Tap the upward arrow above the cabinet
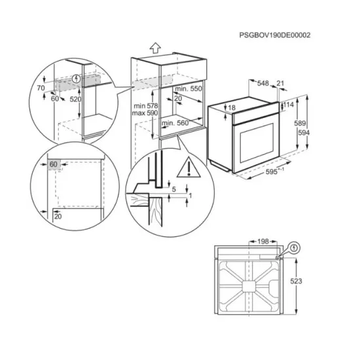point(154,47)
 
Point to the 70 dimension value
point(41,86)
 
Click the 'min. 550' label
point(188,87)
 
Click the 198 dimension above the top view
point(263,242)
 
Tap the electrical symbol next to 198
point(294,249)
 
